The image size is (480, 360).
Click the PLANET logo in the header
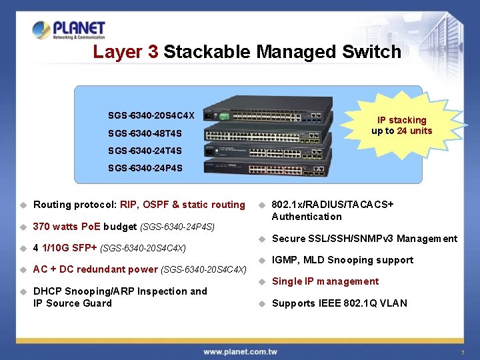69,30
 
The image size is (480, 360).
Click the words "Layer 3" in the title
125,52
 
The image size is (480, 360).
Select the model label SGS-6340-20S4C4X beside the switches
151,115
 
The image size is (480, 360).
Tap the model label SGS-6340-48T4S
145,133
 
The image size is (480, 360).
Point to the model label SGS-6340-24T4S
145,151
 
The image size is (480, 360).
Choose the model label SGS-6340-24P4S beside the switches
145,168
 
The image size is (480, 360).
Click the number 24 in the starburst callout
403,131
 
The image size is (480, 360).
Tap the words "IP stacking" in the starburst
401,121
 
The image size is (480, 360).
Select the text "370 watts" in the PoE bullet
55,227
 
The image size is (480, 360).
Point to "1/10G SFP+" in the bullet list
69,249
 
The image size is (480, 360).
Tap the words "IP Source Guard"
73,303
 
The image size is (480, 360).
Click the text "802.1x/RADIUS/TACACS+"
333,205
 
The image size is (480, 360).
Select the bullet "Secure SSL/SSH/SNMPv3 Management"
364,239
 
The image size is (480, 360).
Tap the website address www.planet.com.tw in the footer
241,351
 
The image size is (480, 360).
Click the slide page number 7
462,352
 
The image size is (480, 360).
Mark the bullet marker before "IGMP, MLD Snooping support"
263,260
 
